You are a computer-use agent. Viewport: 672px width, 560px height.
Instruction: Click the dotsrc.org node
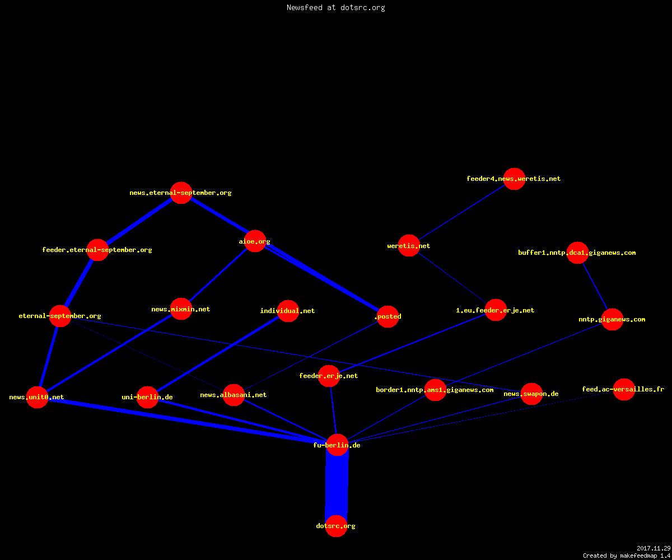coord(336,526)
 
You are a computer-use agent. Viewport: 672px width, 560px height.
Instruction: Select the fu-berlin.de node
coord(337,445)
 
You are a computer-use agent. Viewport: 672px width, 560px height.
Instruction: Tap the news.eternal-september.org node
coord(181,193)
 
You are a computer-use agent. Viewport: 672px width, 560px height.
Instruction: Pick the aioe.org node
coord(255,241)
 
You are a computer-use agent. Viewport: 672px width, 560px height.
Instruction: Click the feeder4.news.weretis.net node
coord(514,179)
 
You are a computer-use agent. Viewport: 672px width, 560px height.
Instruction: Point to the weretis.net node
coord(409,246)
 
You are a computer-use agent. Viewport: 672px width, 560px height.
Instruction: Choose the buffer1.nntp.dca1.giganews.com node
coord(578,253)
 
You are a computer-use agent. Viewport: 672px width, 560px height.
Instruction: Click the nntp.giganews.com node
coord(613,319)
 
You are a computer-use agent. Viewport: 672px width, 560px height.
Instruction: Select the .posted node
coord(388,316)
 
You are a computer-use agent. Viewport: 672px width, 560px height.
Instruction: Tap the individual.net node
coord(288,311)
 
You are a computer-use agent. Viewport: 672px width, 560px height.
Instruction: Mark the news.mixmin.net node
coord(181,309)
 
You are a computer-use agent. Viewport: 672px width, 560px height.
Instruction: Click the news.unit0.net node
coord(38,397)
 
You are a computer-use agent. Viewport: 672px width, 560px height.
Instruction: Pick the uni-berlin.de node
coord(148,397)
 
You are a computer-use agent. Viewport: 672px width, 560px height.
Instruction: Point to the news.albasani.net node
coord(234,395)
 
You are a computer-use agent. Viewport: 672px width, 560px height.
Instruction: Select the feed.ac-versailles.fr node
coord(624,389)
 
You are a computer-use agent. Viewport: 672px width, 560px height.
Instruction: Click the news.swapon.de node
coord(531,394)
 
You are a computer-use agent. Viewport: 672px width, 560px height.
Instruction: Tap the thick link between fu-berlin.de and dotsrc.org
coord(337,486)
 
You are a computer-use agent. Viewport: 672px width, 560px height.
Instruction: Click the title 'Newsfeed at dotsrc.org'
coord(335,7)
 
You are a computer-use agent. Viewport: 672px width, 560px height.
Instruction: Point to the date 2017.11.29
coord(654,548)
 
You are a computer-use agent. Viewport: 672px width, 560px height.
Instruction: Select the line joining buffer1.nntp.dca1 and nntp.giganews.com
coord(595,286)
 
